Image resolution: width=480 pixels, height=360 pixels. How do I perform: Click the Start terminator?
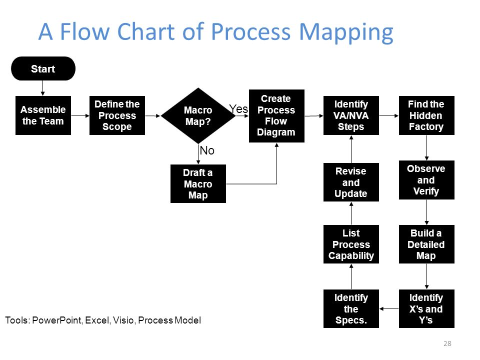point(43,68)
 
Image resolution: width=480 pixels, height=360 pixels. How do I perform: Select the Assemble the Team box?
point(43,115)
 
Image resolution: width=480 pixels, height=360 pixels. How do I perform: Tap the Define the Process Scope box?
point(117,115)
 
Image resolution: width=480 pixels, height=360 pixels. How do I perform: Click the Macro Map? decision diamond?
point(198,115)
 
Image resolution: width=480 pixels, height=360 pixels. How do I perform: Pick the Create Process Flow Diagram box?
point(276,115)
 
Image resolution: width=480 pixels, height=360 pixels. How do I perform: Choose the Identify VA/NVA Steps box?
point(351,115)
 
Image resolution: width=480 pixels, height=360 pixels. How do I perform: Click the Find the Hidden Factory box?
point(426,115)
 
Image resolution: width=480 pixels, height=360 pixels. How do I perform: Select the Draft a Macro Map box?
point(198,183)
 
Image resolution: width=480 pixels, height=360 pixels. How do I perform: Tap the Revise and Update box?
point(351,182)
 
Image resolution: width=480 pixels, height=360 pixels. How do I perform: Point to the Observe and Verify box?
point(426,180)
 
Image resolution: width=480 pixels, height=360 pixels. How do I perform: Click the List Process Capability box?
point(351,244)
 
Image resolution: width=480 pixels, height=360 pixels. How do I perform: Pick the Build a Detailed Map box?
point(426,244)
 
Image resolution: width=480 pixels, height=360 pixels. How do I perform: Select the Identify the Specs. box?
point(351,308)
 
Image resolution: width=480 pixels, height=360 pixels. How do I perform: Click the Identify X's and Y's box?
point(426,308)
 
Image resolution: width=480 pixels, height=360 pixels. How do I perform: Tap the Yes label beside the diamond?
point(238,108)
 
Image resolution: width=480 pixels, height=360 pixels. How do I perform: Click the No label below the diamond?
point(207,150)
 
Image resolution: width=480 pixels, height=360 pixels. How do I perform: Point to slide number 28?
point(447,343)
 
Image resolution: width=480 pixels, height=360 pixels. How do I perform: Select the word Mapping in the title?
point(346,33)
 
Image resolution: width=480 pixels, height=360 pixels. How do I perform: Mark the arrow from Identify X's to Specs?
point(389,308)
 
